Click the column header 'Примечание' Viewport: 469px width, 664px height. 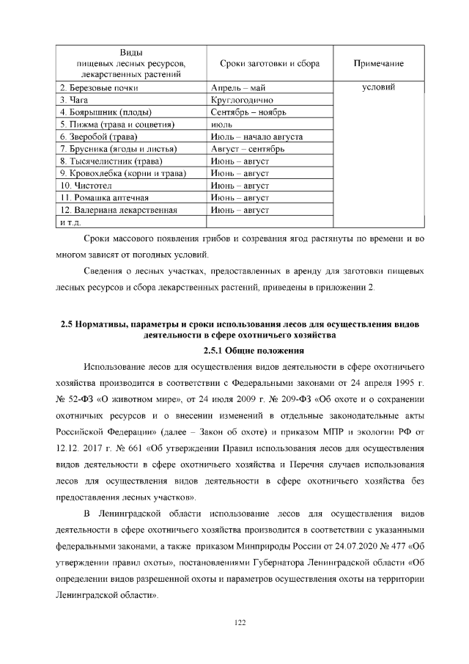click(x=379, y=64)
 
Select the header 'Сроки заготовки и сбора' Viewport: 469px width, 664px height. click(x=269, y=64)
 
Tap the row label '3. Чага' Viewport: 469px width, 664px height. click(x=74, y=100)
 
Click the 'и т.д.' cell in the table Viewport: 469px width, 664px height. click(x=70, y=222)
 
